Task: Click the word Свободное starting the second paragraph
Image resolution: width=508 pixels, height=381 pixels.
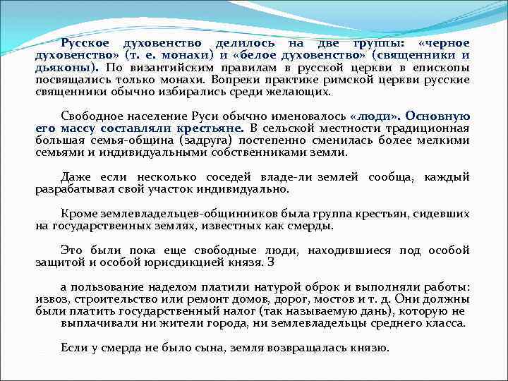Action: tap(92, 116)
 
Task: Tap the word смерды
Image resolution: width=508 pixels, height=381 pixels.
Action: tap(310, 226)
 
